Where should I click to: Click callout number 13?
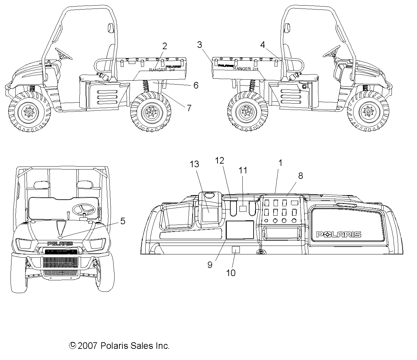point(195,164)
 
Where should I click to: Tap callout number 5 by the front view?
point(122,221)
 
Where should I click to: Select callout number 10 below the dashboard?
point(231,272)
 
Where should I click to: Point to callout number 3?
point(199,45)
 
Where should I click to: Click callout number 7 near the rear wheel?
point(189,108)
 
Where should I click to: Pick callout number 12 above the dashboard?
point(219,161)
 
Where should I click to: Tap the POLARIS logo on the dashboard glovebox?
point(338,234)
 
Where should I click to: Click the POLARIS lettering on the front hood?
point(60,243)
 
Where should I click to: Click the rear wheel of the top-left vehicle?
point(151,112)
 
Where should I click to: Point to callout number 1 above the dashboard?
point(280,163)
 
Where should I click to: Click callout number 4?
point(262,45)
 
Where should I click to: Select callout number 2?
point(164,46)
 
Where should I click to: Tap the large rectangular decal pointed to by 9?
point(240,230)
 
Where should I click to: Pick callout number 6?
point(196,85)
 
